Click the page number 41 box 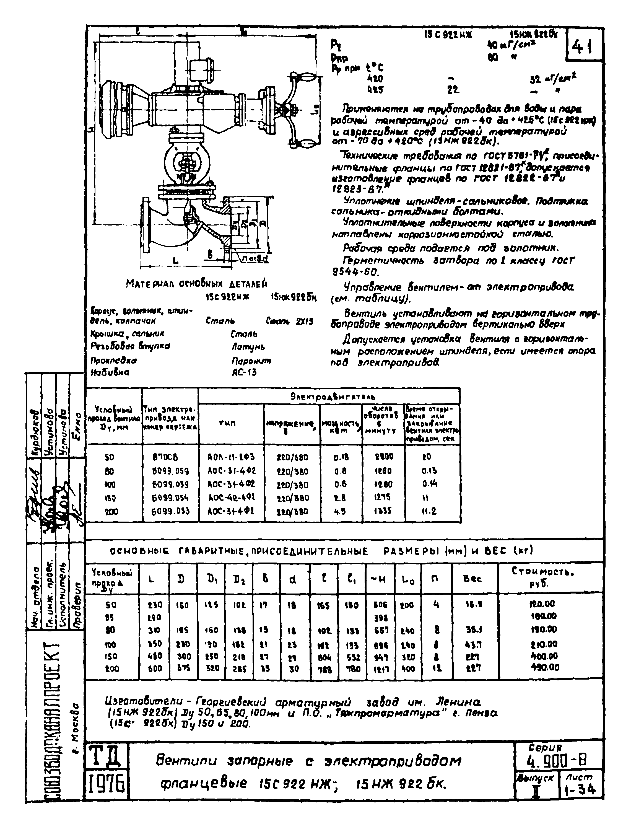click(584, 46)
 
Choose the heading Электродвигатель click(328, 396)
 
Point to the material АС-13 click(244, 372)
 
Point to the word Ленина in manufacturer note click(458, 702)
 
